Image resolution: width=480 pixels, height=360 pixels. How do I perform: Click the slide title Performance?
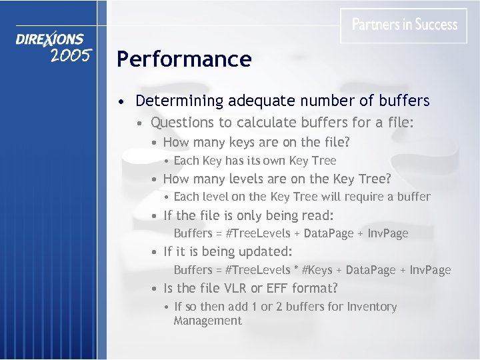184,59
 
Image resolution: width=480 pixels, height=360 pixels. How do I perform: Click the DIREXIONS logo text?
51,39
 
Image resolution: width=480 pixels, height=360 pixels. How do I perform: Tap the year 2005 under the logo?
70,55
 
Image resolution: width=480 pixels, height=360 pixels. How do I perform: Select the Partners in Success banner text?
405,25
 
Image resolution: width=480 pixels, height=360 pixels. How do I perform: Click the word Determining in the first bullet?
179,101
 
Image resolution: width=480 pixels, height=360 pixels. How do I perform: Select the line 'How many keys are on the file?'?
256,142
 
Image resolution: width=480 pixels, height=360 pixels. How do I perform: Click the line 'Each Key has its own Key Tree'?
255,161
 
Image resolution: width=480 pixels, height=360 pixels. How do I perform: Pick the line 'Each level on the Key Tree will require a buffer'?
301,197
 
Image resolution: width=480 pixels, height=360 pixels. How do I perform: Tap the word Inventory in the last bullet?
370,307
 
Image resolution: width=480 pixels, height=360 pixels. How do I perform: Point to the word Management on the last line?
207,321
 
